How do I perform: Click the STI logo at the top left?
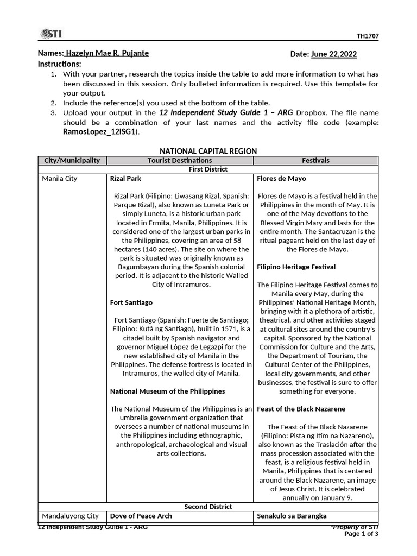pyautogui.click(x=50, y=34)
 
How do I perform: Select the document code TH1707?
pyautogui.click(x=367, y=36)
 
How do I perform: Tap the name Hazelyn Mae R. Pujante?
pyautogui.click(x=106, y=53)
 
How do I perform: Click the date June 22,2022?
pyautogui.click(x=334, y=54)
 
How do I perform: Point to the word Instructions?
pyautogui.click(x=60, y=64)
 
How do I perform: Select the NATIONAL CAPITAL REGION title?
pyautogui.click(x=208, y=151)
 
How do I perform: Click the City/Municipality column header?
pyautogui.click(x=72, y=160)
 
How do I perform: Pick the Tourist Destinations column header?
pyautogui.click(x=180, y=160)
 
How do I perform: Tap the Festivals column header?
pyautogui.click(x=315, y=160)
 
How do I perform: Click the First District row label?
pyautogui.click(x=208, y=169)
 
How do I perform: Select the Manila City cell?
pyautogui.click(x=60, y=179)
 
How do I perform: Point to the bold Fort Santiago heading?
pyautogui.click(x=131, y=302)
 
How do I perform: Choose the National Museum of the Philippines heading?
pyautogui.click(x=167, y=391)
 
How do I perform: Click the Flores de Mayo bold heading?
pyautogui.click(x=281, y=179)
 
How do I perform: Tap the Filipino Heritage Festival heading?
pyautogui.click(x=296, y=267)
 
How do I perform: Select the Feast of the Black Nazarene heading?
pyautogui.click(x=301, y=409)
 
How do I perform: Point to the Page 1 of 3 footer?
pyautogui.click(x=362, y=534)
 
